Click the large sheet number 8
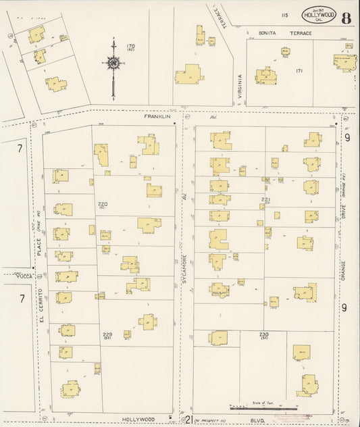tap(345, 18)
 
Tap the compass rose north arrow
tap(113, 64)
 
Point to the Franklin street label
tap(154, 116)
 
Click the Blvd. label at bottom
tap(275, 419)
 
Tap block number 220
tap(103, 203)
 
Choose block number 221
tap(265, 199)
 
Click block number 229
tap(107, 334)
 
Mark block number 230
tap(263, 334)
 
